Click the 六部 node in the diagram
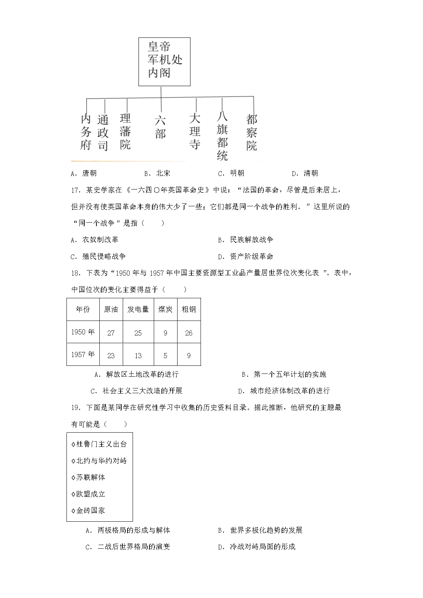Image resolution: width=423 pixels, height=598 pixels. (160, 127)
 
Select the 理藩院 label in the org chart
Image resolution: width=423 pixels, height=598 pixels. (125, 131)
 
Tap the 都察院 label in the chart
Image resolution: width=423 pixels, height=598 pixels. (252, 132)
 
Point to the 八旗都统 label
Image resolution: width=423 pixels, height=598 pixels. (222, 136)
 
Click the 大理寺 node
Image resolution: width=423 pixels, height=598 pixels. (195, 131)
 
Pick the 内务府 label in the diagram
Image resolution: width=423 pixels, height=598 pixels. (86, 132)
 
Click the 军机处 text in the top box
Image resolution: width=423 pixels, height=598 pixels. (165, 59)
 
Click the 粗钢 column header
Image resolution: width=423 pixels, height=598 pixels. (189, 310)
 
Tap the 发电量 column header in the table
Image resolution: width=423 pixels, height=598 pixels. (138, 310)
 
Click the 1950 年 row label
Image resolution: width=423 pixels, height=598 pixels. (83, 332)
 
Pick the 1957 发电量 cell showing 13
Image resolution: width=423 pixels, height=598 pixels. (138, 355)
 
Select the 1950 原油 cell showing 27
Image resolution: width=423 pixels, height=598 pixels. (111, 333)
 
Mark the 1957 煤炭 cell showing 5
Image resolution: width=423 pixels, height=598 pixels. (165, 355)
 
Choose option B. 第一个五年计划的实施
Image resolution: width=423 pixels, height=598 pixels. (284, 374)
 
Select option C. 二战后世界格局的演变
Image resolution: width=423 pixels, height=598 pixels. (128, 547)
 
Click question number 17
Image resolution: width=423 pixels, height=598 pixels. (75, 190)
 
